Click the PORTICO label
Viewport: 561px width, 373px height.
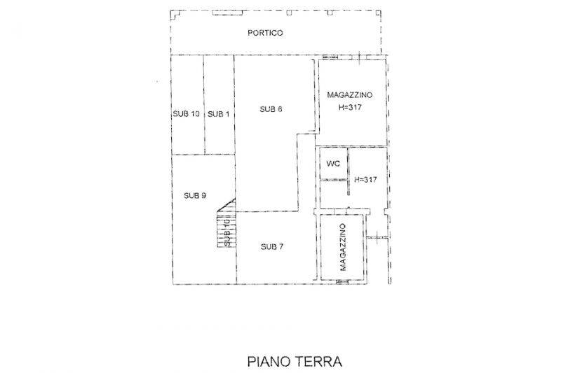pyautogui.click(x=265, y=33)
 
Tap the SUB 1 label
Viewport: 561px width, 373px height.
pyautogui.click(x=218, y=114)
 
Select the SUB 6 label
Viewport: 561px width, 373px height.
pyautogui.click(x=271, y=109)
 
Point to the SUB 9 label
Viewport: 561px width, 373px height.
pyautogui.click(x=195, y=196)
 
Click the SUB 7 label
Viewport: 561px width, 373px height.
pyautogui.click(x=272, y=246)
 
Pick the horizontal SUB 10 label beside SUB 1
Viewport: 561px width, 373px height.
pyautogui.click(x=187, y=114)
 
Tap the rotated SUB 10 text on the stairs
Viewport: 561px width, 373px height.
pyautogui.click(x=227, y=233)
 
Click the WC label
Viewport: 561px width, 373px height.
pyautogui.click(x=333, y=164)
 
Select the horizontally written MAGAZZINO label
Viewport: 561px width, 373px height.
pyautogui.click(x=349, y=95)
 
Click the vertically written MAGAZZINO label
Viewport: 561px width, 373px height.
pyautogui.click(x=343, y=247)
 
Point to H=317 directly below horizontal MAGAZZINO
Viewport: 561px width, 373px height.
pyautogui.click(x=350, y=107)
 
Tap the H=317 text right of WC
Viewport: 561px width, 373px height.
pyautogui.click(x=365, y=180)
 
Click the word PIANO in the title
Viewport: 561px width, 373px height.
pyautogui.click(x=269, y=362)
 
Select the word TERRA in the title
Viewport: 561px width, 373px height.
pyautogui.click(x=318, y=362)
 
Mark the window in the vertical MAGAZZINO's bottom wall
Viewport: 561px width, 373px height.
pyautogui.click(x=342, y=282)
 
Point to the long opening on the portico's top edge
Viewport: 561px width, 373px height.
pyautogui.click(x=227, y=13)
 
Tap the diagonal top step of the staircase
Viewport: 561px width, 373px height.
pyautogui.click(x=226, y=206)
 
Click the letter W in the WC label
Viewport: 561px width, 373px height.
pyautogui.click(x=330, y=164)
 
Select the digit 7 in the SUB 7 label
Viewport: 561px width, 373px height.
pyautogui.click(x=281, y=246)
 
